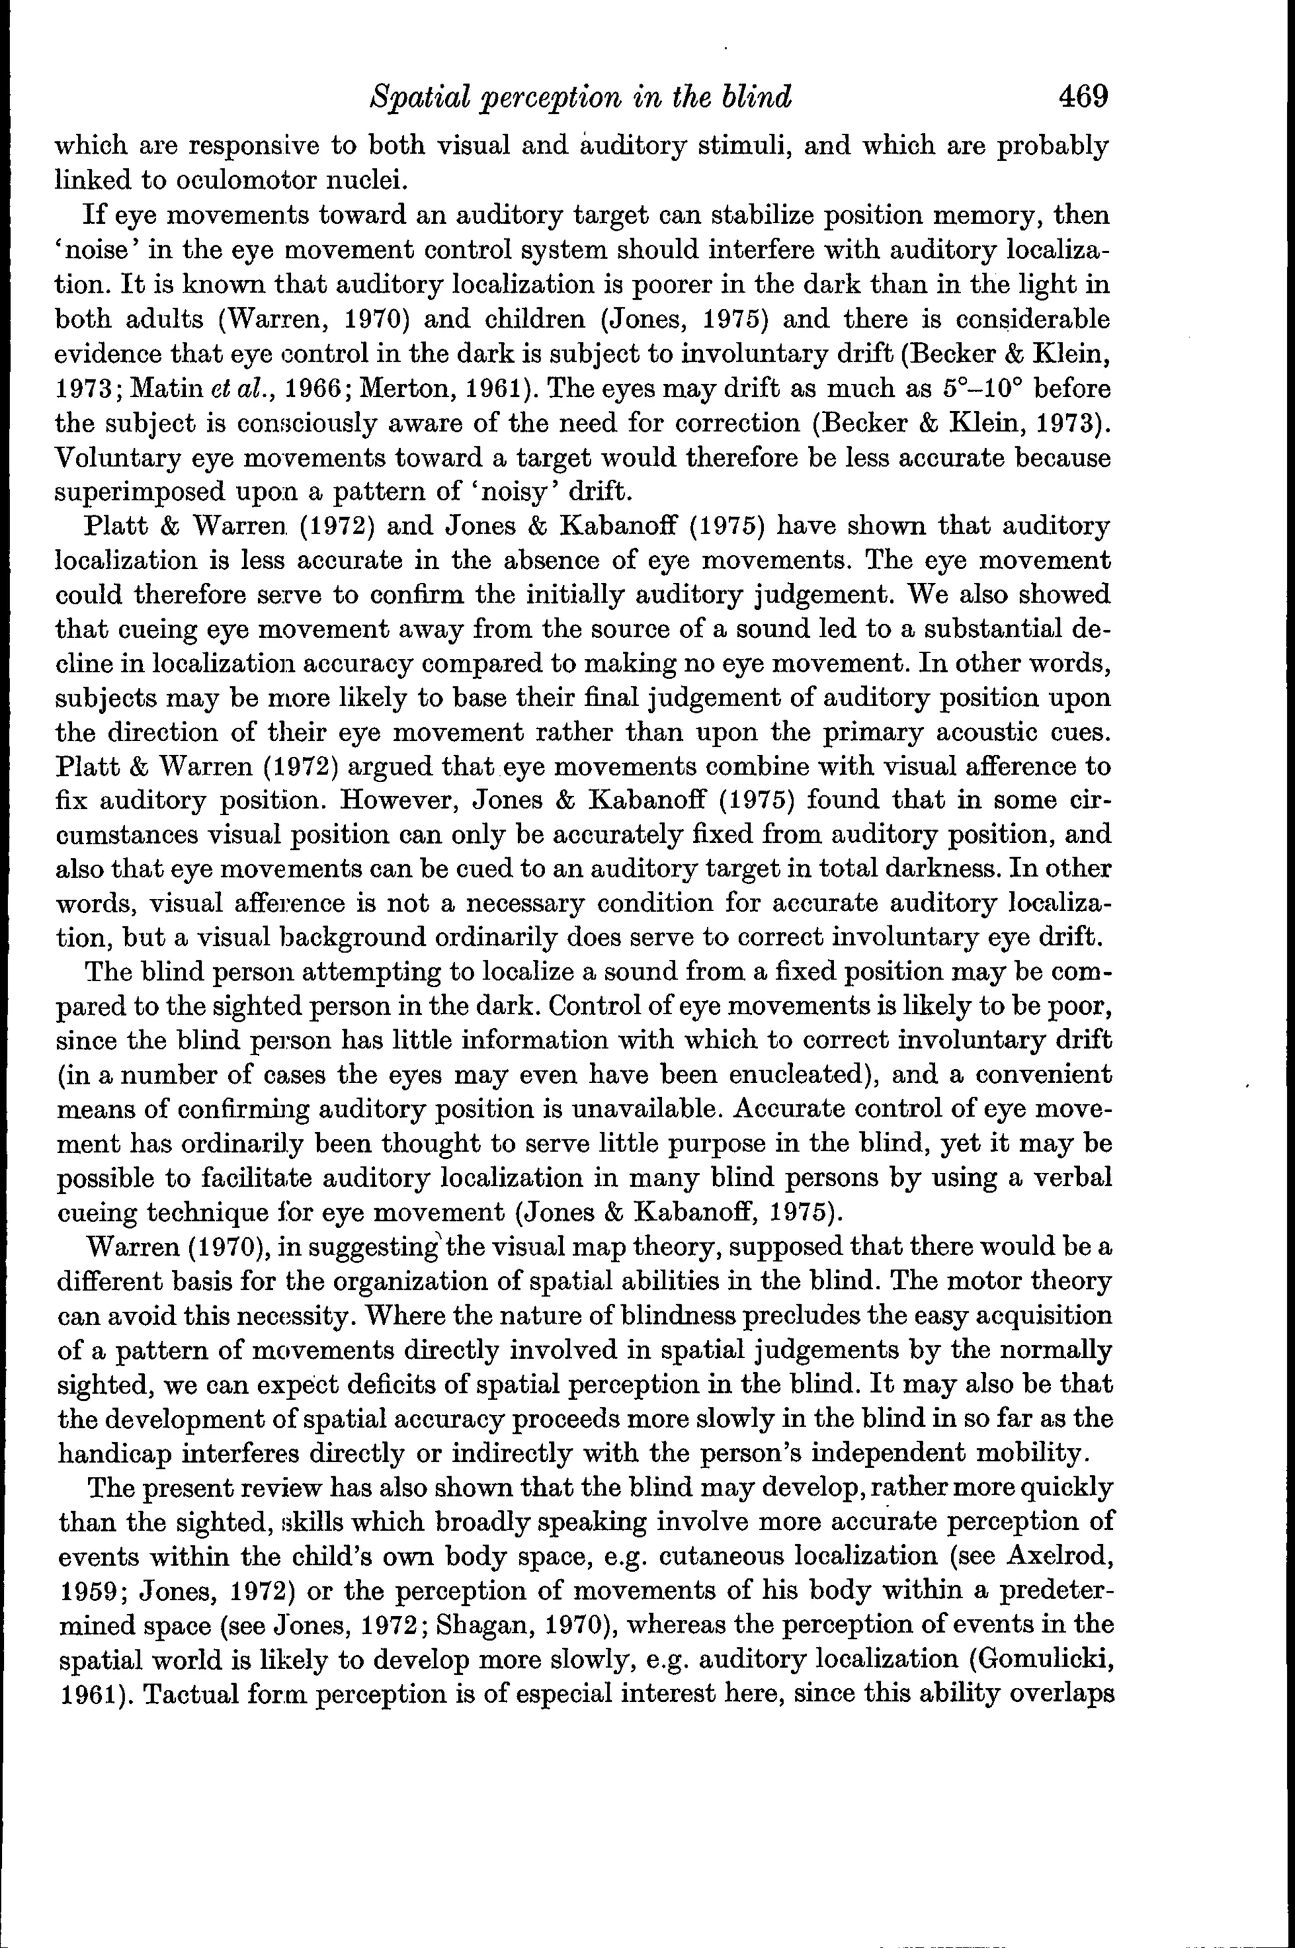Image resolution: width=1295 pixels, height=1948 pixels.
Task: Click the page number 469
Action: [x=1073, y=97]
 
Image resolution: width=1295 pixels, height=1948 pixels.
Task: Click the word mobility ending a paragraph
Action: [x=1044, y=1452]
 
